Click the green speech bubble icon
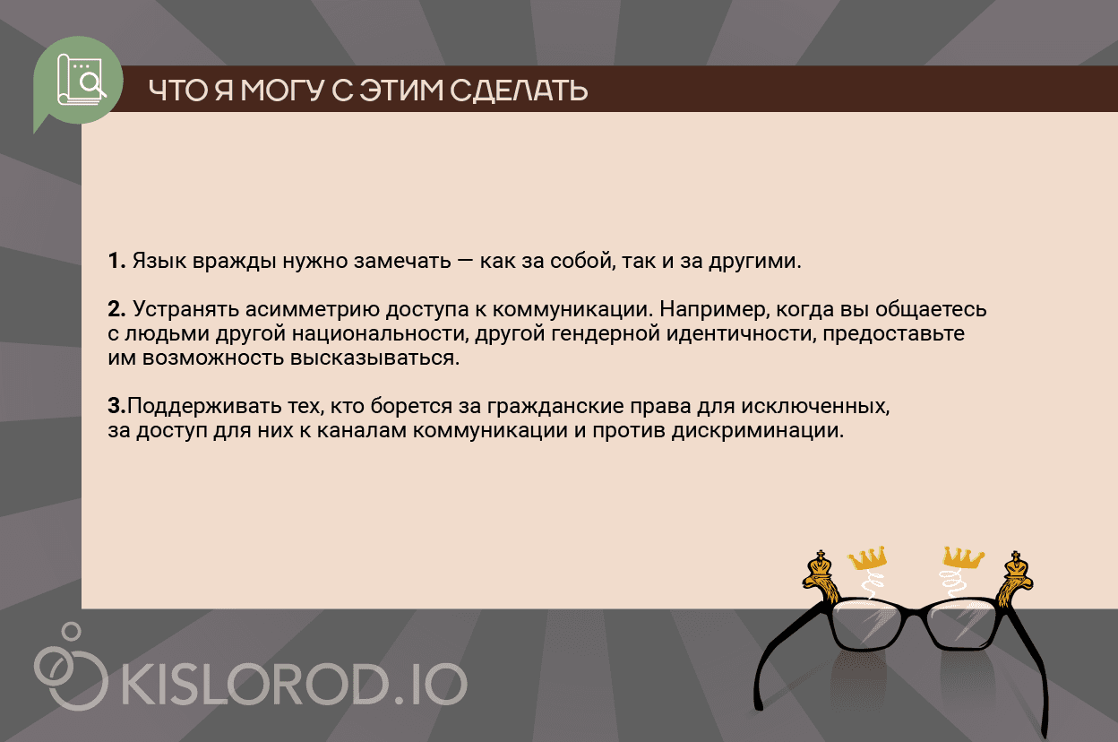pos(78,78)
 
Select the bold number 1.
pos(116,263)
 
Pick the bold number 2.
pos(116,310)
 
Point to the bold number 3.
pos(116,407)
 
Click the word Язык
pos(158,263)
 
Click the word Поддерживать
pos(196,407)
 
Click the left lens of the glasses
pos(873,622)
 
